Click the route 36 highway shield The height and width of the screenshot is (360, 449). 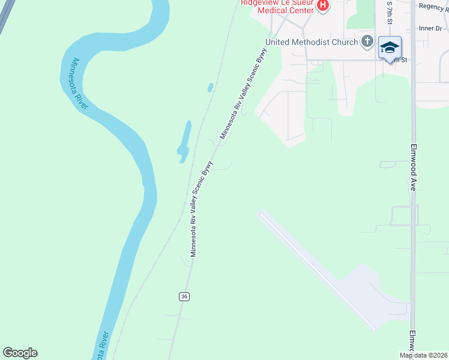(184, 297)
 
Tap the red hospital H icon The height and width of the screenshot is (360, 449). (323, 6)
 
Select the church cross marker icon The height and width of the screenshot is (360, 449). (367, 42)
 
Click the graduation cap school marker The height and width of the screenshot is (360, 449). (390, 47)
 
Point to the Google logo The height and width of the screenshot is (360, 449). (20, 353)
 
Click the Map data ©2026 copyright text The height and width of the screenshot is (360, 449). (423, 355)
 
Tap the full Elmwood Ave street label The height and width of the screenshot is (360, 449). (413, 167)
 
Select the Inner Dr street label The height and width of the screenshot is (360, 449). (430, 28)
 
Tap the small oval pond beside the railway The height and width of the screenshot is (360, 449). (210, 88)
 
